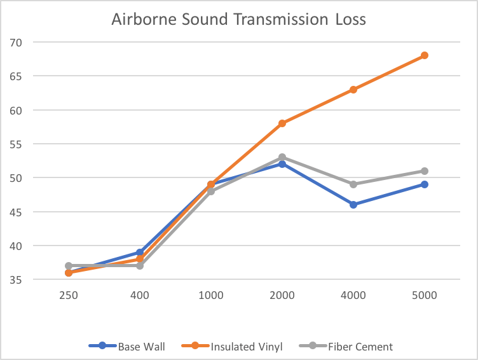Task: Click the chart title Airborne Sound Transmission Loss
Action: (x=238, y=19)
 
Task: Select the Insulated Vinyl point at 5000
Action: (x=425, y=55)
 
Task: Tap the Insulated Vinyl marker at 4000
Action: (x=353, y=90)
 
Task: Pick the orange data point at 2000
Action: (x=282, y=123)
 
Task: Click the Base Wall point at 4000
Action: (x=353, y=205)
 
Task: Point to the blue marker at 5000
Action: (x=425, y=184)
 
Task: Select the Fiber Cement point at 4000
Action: (x=353, y=184)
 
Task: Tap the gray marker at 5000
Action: (x=425, y=171)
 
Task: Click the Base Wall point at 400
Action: (x=140, y=253)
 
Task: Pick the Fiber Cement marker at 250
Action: (x=69, y=266)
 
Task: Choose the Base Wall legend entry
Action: (x=125, y=347)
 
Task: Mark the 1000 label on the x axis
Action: (x=211, y=296)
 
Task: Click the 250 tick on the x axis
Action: (x=69, y=296)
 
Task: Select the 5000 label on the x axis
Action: (x=425, y=296)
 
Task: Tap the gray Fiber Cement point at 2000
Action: (x=282, y=157)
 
